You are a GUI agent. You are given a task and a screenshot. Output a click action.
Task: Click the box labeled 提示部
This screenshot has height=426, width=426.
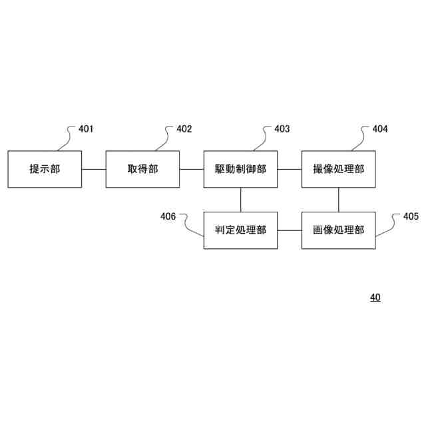(x=45, y=169)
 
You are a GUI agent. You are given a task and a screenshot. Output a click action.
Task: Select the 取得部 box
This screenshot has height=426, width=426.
(x=142, y=169)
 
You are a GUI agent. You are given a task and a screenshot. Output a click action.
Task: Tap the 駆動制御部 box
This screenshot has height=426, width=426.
(x=240, y=169)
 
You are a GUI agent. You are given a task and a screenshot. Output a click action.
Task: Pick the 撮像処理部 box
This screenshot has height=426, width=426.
(x=339, y=169)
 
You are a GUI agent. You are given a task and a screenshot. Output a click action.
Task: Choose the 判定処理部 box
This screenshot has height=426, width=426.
(x=240, y=230)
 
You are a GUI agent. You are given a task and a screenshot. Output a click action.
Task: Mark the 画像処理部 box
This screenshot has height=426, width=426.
(x=339, y=230)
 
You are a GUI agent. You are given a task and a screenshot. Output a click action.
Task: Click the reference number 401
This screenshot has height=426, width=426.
(x=87, y=129)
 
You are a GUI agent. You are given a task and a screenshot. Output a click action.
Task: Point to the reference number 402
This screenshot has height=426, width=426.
(x=184, y=129)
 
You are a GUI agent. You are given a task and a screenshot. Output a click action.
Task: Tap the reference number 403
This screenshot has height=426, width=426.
(x=282, y=129)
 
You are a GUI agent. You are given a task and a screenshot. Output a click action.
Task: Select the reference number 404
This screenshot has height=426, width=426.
(x=380, y=129)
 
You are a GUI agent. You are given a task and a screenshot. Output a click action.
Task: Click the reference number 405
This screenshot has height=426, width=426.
(x=411, y=216)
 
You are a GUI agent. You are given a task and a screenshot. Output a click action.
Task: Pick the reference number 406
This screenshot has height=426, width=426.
(x=168, y=216)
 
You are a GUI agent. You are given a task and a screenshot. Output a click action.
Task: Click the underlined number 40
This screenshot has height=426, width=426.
(x=375, y=298)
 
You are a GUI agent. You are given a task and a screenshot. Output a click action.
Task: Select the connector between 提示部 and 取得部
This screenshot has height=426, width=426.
(x=94, y=169)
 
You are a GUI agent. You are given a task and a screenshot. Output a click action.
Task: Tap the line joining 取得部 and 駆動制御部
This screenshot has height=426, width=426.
(x=192, y=169)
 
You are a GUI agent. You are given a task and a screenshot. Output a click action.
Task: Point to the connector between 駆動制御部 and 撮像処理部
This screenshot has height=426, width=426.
(x=290, y=169)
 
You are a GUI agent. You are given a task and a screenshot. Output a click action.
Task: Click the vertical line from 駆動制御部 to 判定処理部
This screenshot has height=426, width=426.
(x=240, y=200)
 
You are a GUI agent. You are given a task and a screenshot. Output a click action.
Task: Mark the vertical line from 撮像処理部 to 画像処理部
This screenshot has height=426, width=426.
(x=339, y=200)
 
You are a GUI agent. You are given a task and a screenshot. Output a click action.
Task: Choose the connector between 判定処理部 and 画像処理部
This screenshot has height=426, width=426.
(x=290, y=230)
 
